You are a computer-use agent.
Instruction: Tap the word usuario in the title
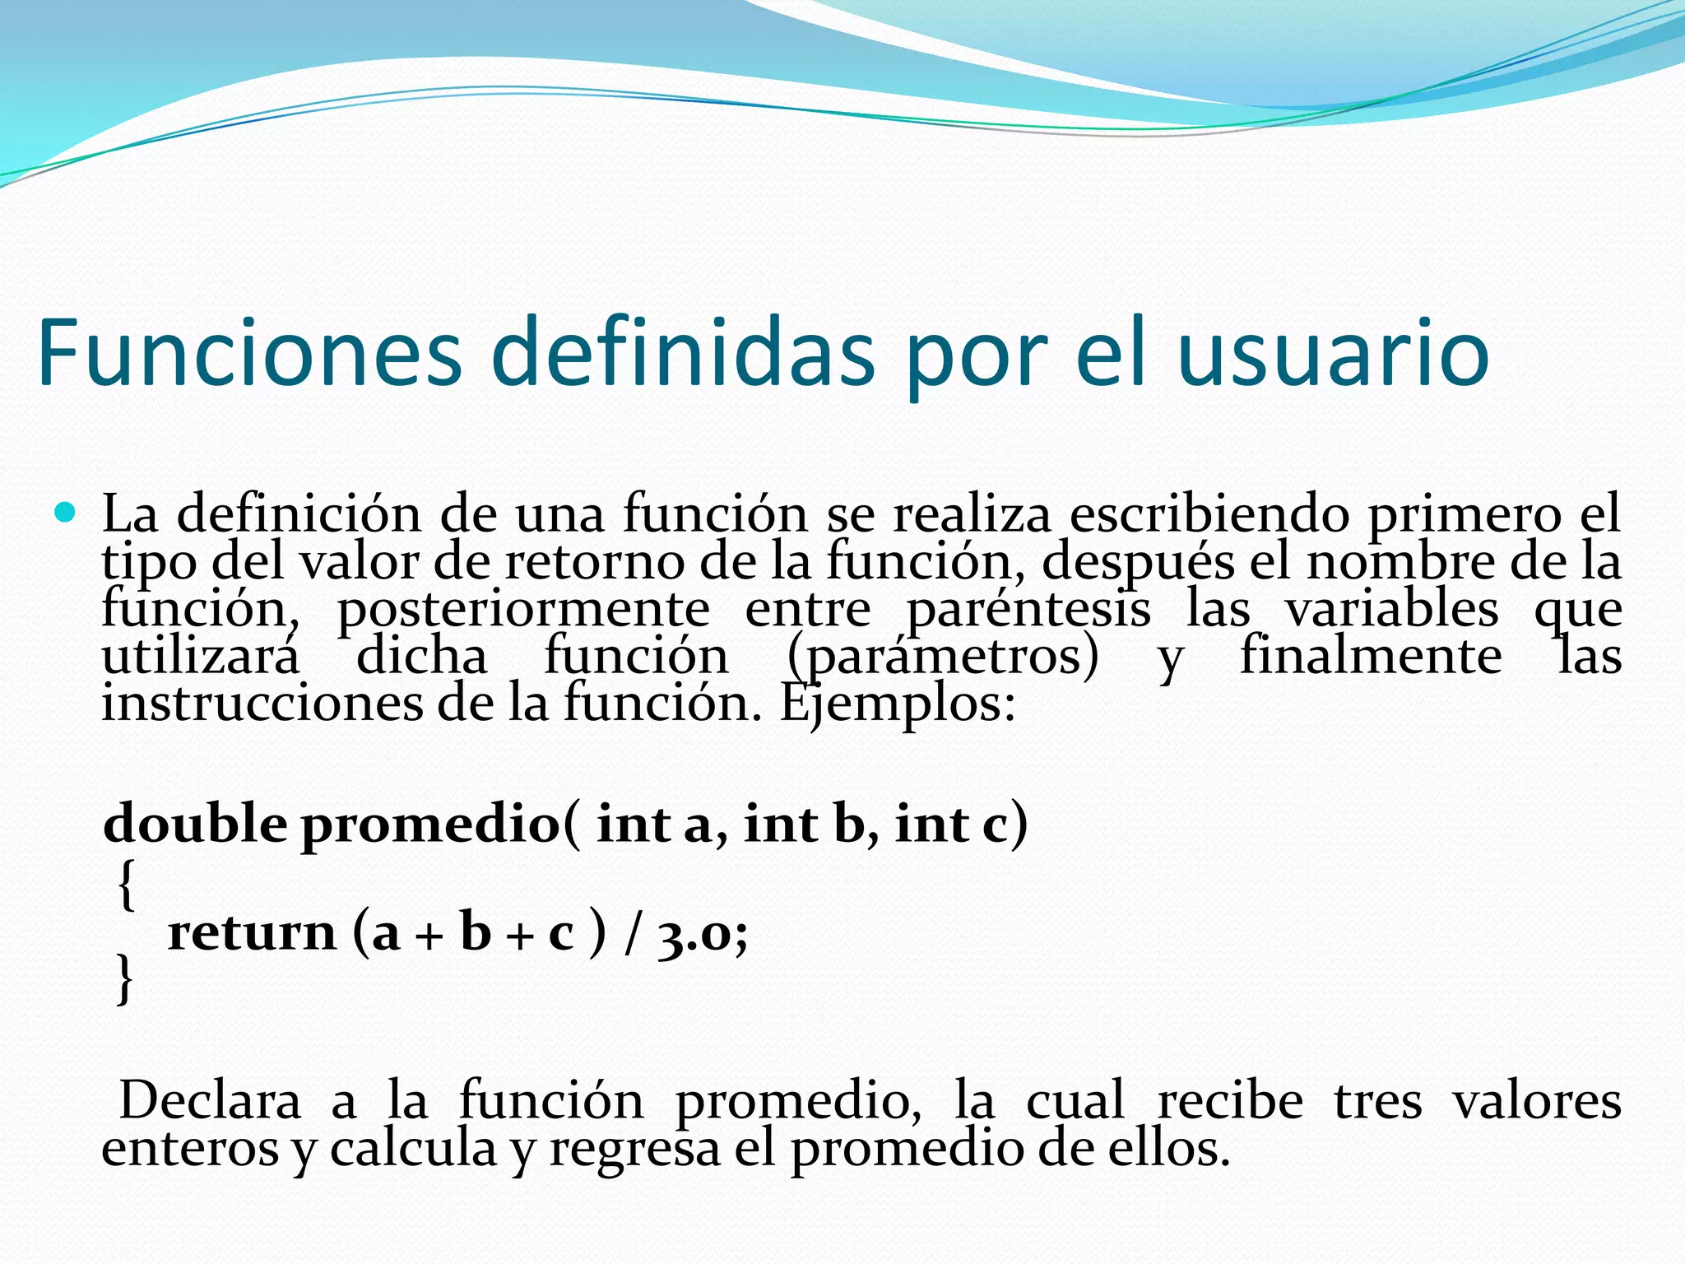[1333, 354]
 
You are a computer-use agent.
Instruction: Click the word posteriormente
[523, 610]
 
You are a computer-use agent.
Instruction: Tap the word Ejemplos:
[898, 704]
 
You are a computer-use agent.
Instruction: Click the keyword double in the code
[195, 823]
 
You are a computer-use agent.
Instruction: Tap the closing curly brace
[124, 979]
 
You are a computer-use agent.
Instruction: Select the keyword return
[252, 933]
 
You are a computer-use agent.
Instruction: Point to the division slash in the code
[631, 935]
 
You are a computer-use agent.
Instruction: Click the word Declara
[210, 1101]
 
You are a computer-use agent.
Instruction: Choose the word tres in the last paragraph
[1377, 1101]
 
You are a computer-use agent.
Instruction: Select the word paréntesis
[1028, 610]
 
